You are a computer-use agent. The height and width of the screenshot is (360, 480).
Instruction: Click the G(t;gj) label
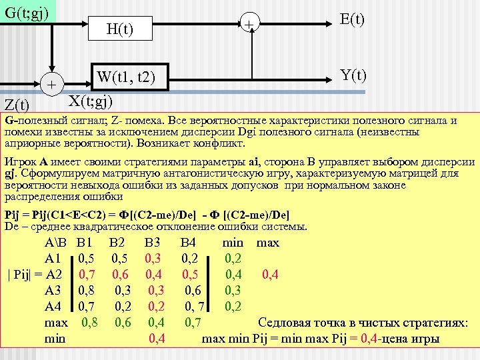click(26, 12)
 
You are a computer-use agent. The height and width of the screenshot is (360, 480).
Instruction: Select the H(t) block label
click(120, 29)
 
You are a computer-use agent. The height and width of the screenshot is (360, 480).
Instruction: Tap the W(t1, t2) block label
click(125, 78)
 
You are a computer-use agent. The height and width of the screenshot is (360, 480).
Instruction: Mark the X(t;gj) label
click(91, 101)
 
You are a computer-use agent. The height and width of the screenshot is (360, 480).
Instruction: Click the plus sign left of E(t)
click(248, 25)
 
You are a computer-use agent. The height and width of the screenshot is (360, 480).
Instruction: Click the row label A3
click(53, 290)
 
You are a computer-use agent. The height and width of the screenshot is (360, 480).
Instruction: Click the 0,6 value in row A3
click(194, 290)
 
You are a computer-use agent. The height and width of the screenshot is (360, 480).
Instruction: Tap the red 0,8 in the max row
click(90, 323)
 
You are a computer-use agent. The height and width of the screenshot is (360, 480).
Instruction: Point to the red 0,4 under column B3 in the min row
click(157, 339)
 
